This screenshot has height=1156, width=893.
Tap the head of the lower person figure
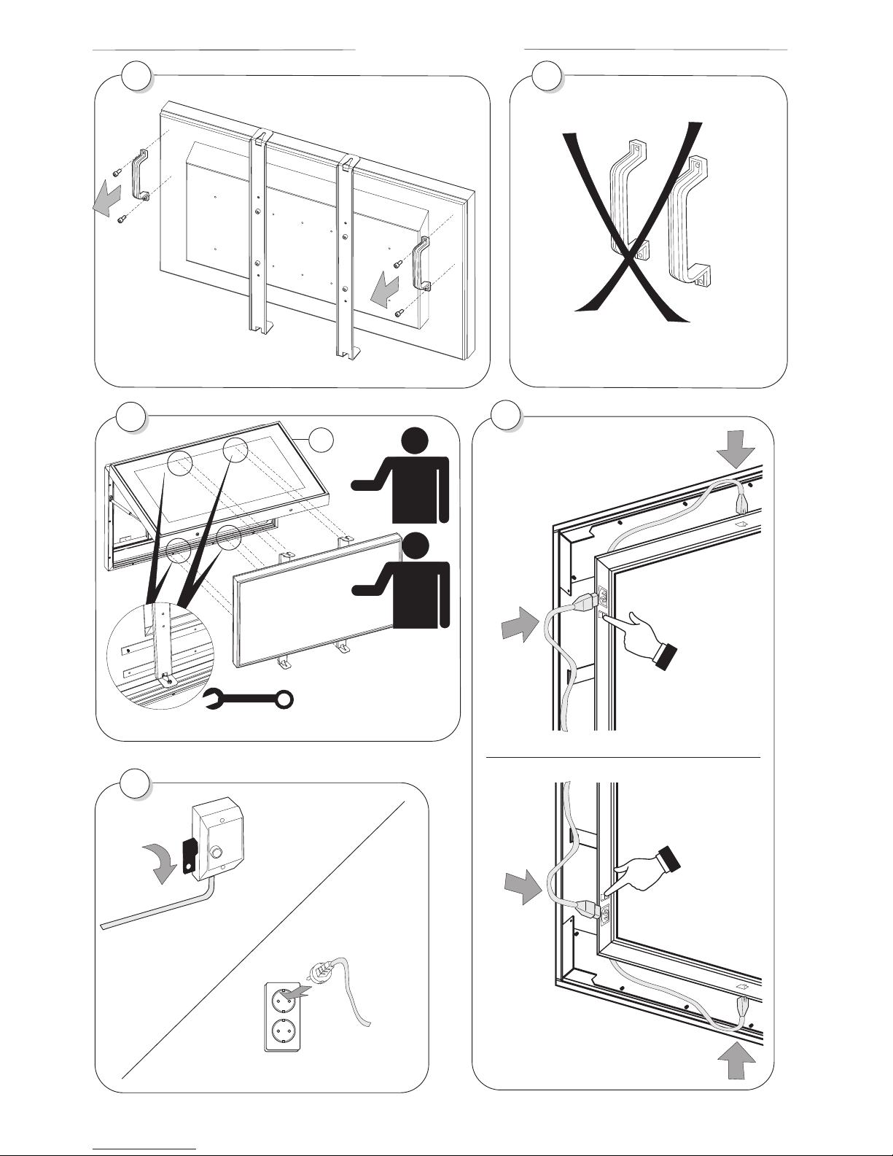pos(416,548)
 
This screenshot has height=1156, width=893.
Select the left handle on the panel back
pos(139,175)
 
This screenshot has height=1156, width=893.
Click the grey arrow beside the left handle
pos(106,198)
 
